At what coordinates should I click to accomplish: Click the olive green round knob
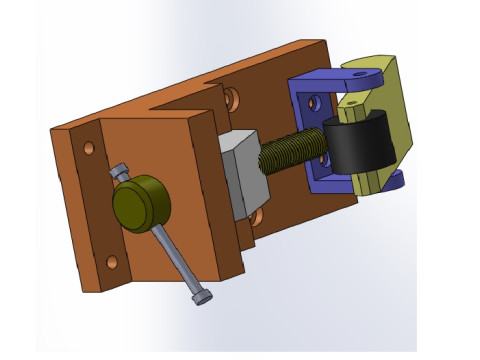pos(141,203)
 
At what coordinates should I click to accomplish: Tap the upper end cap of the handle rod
pos(120,172)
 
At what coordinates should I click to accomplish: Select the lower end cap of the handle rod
pos(203,297)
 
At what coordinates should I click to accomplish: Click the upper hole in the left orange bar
pos(89,148)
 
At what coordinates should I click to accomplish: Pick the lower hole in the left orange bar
pos(112,262)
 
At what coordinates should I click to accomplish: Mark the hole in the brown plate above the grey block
pos(231,99)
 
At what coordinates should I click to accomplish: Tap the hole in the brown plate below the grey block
pos(257,215)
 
